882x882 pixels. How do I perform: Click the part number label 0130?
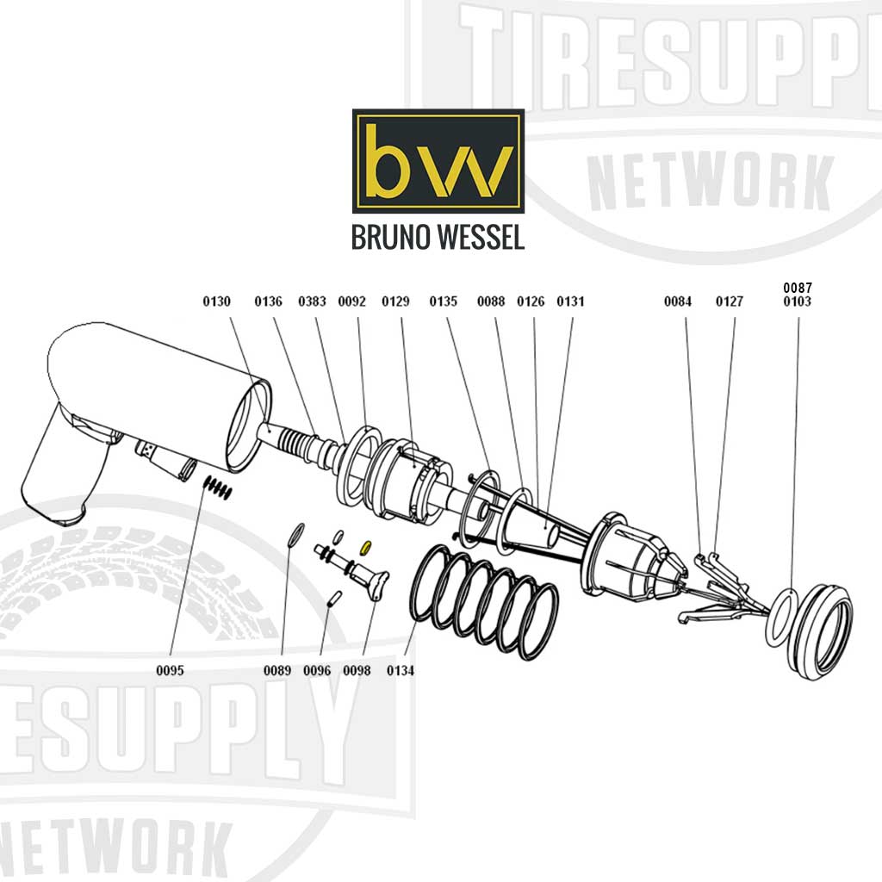[x=216, y=301]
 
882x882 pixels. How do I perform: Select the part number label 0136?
[x=268, y=301]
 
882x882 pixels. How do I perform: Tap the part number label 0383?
[x=312, y=301]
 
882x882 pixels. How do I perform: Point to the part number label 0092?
[x=351, y=301]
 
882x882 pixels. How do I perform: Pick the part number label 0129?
[x=396, y=301]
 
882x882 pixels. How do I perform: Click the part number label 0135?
[x=444, y=301]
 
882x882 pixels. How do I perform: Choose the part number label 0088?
[x=491, y=301]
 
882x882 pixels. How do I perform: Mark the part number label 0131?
[x=570, y=301]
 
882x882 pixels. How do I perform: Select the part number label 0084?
[x=678, y=301]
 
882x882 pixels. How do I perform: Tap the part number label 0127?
[x=730, y=301]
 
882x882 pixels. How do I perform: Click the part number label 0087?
[x=797, y=287]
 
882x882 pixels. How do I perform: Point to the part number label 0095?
[x=171, y=670]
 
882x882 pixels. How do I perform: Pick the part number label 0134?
[x=401, y=670]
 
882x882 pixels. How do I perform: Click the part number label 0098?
[x=357, y=670]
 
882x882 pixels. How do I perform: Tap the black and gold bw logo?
[x=438, y=161]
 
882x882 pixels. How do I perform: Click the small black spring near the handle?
[x=218, y=488]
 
